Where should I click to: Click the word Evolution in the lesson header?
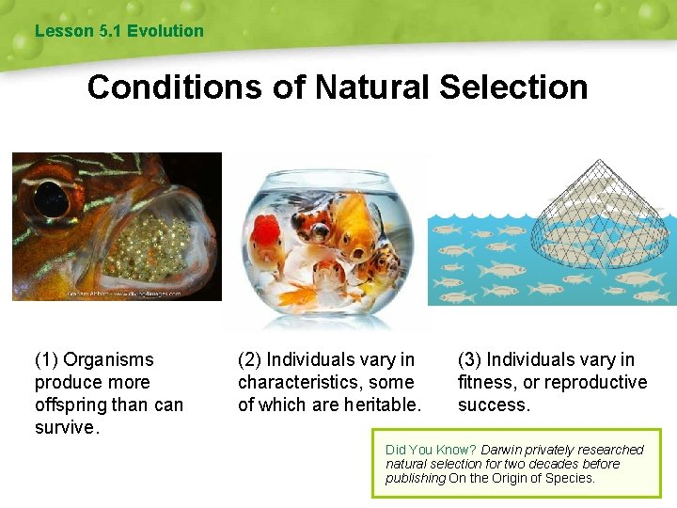[165, 31]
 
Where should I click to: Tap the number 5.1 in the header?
[110, 31]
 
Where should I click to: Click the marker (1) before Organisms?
[47, 359]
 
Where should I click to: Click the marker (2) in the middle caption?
[250, 359]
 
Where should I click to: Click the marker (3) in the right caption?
[470, 359]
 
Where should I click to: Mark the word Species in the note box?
[570, 478]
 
